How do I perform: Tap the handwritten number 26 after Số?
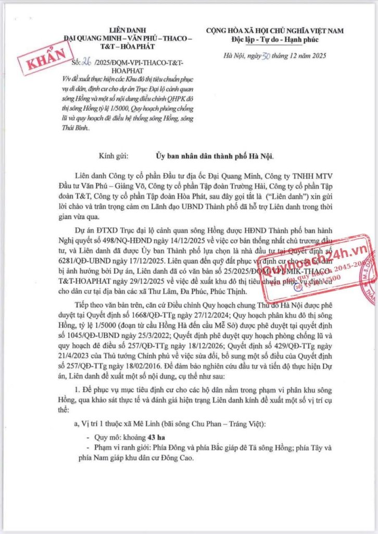point(86,63)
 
